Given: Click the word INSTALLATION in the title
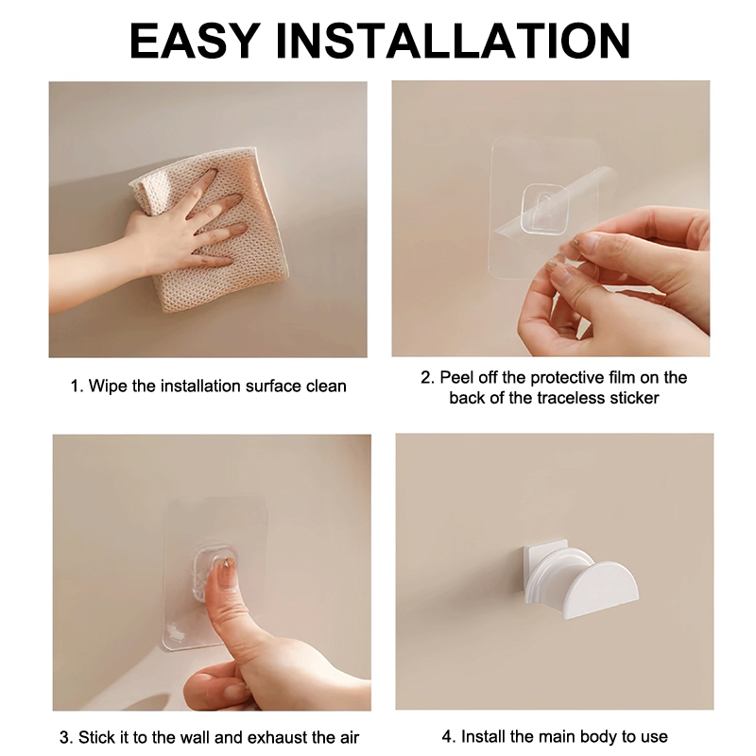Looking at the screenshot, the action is pyautogui.click(x=453, y=40).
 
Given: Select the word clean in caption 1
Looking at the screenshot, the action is pyautogui.click(x=326, y=387).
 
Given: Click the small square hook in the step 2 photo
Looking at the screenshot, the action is pyautogui.click(x=546, y=207).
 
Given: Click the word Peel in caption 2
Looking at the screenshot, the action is pyautogui.click(x=457, y=377).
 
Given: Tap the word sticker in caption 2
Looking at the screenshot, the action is pyautogui.click(x=634, y=398).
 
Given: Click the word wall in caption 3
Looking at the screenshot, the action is pyautogui.click(x=196, y=737).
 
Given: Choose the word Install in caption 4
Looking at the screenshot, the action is pyautogui.click(x=483, y=736).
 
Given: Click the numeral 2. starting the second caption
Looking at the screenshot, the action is pyautogui.click(x=428, y=377).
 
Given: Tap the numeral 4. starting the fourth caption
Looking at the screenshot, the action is pyautogui.click(x=449, y=736).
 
